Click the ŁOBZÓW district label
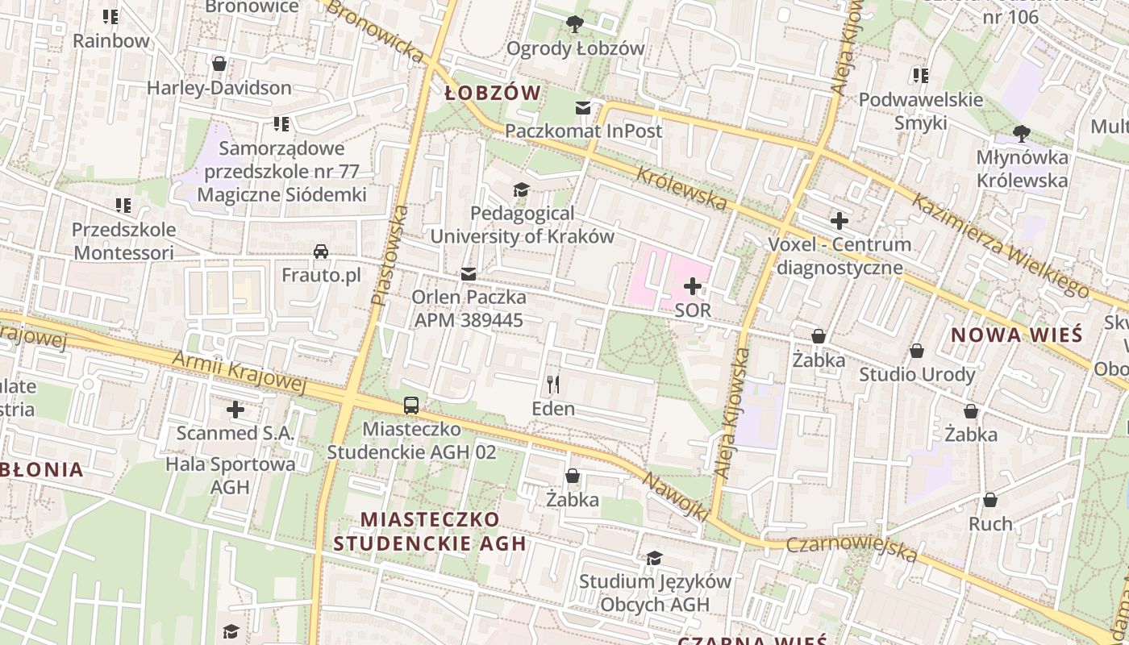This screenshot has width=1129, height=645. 493,93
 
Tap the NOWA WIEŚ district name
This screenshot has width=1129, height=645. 1016,335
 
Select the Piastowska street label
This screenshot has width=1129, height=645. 390,254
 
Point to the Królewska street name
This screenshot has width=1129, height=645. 681,188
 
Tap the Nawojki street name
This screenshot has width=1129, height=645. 676,496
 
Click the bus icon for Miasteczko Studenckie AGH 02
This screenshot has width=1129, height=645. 411,406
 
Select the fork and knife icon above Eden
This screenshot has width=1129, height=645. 553,384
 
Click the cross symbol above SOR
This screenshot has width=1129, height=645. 693,285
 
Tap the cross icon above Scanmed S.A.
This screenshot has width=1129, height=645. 235,410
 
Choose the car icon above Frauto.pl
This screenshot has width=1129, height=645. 321,252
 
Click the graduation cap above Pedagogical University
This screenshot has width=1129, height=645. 522,190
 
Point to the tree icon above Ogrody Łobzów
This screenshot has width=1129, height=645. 575,24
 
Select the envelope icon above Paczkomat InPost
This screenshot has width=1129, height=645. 583,107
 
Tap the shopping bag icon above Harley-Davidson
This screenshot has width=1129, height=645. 219,64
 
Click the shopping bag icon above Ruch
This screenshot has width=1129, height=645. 990,500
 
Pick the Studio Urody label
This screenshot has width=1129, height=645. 917,374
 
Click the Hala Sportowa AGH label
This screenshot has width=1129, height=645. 230,476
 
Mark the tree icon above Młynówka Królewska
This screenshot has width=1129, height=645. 1022,133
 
